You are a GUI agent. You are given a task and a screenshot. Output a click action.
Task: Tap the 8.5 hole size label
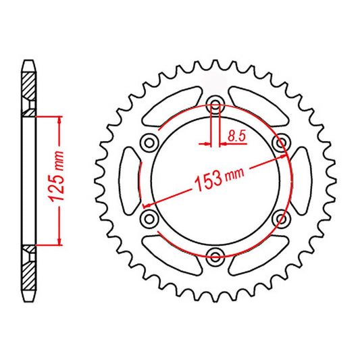tap(236, 136)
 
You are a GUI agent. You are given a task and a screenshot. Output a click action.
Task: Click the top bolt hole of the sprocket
tap(215, 103)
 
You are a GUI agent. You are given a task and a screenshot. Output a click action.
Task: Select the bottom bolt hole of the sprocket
tap(215, 255)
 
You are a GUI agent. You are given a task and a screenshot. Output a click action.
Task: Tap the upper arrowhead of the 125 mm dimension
tap(60, 120)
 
